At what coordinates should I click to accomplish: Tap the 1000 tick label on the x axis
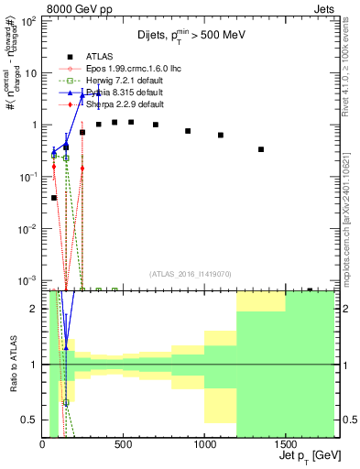(x=204, y=443)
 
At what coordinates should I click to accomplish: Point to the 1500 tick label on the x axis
(x=285, y=443)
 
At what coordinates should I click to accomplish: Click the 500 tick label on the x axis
(x=124, y=443)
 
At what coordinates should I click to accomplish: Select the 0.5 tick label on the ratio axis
(x=30, y=420)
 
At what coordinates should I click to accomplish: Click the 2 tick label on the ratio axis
(x=35, y=309)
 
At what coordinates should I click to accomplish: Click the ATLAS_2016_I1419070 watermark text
(x=191, y=273)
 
